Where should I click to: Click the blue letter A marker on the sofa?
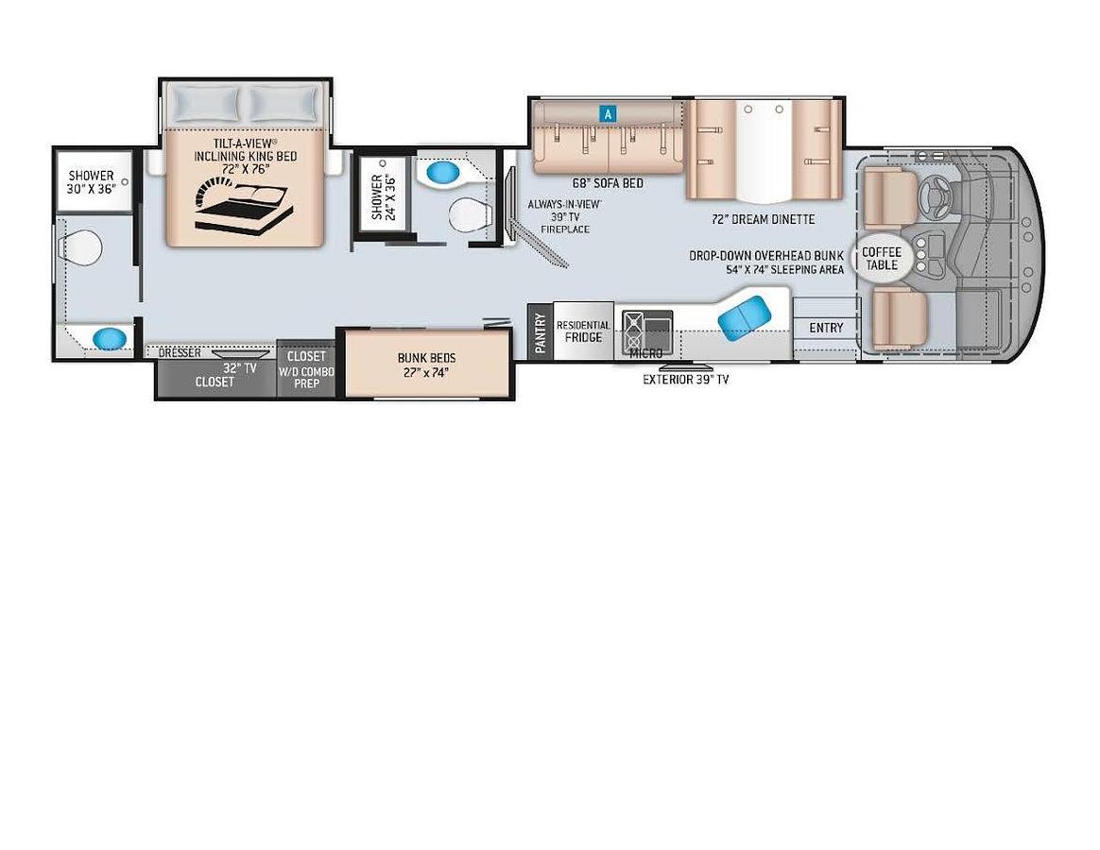[609, 113]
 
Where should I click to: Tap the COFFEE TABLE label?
[881, 258]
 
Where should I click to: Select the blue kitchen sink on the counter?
[746, 314]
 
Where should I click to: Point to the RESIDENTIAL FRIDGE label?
[583, 331]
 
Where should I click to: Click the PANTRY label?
[540, 333]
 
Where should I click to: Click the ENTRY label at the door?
[826, 328]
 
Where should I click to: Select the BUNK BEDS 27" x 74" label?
[426, 365]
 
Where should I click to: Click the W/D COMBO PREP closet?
[306, 370]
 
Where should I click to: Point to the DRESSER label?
[180, 353]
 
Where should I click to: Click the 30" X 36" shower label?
[91, 181]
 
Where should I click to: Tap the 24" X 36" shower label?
[383, 196]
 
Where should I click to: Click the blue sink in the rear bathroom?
[109, 336]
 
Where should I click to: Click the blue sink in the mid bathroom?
[440, 173]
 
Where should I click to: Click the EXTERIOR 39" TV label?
[685, 380]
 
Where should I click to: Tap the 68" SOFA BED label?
[608, 183]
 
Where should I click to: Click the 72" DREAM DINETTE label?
[763, 219]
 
